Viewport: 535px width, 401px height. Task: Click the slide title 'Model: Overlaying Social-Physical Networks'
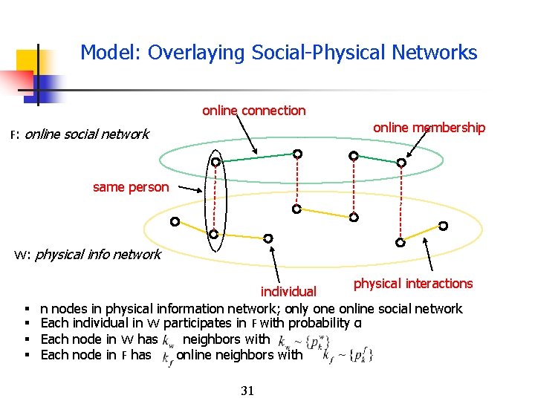(279, 53)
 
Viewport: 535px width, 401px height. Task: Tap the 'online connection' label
(253, 111)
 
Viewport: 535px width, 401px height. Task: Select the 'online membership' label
(429, 128)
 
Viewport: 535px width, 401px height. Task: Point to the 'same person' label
(131, 187)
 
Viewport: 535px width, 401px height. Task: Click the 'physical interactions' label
(412, 284)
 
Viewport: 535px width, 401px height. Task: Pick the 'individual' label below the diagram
(288, 292)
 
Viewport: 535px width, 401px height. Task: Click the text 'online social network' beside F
(87, 134)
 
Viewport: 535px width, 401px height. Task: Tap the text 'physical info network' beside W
(97, 255)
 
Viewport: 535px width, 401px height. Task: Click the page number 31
(247, 391)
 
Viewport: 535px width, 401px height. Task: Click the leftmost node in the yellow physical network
(175, 221)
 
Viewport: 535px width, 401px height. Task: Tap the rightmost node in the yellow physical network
(444, 226)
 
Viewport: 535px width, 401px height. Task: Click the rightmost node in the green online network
(401, 163)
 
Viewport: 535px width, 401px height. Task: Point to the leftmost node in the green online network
(215, 162)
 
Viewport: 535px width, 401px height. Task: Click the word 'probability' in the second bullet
(320, 323)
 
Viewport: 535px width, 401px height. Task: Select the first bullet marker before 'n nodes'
(27, 309)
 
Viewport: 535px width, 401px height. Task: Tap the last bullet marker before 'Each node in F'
(27, 355)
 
